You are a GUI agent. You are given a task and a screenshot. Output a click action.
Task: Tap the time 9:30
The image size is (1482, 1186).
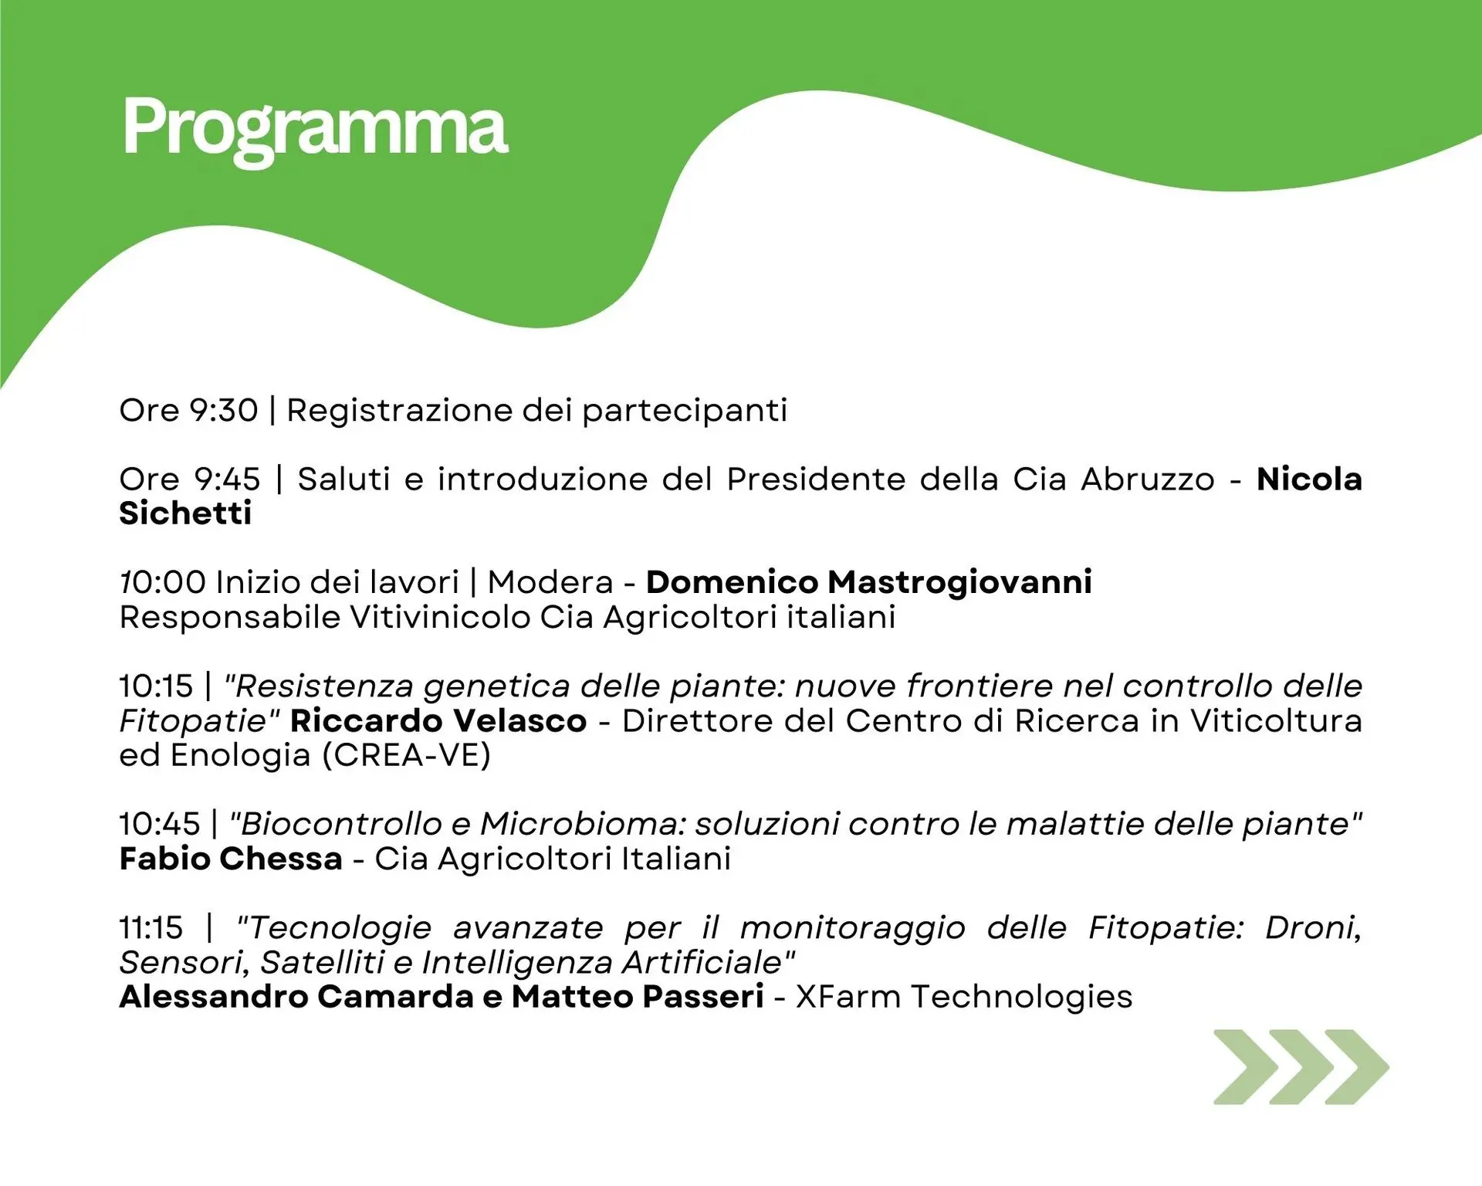click(224, 410)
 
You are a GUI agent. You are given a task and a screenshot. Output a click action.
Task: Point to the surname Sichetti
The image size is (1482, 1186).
click(185, 513)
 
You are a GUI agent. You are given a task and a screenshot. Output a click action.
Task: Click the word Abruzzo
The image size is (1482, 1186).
click(1148, 479)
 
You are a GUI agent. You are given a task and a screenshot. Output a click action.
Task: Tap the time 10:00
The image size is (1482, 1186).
click(164, 582)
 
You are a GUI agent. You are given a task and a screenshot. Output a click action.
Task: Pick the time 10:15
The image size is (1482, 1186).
click(156, 686)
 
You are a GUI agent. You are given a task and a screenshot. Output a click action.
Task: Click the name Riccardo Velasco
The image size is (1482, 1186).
click(438, 720)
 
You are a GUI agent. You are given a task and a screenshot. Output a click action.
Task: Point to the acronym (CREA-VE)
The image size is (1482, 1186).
click(406, 755)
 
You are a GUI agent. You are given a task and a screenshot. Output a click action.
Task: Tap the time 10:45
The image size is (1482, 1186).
click(160, 824)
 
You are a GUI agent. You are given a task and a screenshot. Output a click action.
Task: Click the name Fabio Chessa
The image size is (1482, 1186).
click(231, 859)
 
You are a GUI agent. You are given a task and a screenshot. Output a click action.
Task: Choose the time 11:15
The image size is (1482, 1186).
click(151, 927)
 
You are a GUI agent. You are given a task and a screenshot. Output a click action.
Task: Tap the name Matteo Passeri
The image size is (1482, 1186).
click(638, 997)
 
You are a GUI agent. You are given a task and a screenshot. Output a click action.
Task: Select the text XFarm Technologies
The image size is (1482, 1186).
click(964, 997)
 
